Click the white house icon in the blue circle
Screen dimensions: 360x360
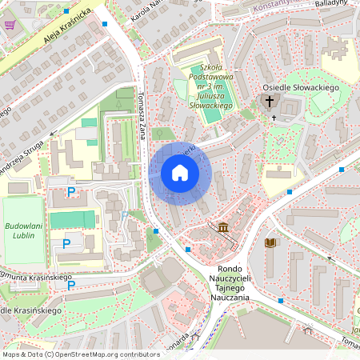pos(180,173)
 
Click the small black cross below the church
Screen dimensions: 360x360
pos(274,118)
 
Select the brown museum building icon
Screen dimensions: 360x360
pos(222,229)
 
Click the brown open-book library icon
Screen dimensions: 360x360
pos(270,242)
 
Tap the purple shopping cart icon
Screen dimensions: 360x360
pos(10,25)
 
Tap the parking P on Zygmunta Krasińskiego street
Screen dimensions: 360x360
pos(71,284)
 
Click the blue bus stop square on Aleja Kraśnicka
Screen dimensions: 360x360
pos(105,24)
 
